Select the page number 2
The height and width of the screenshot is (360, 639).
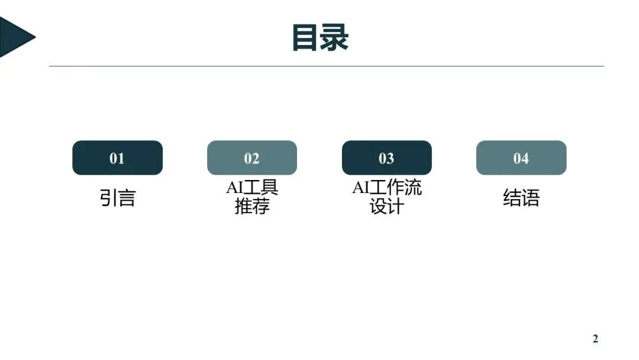(x=595, y=339)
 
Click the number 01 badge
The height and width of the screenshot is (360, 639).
(x=117, y=158)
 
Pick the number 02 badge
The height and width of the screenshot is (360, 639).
(x=252, y=158)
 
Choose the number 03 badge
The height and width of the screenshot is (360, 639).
(x=386, y=158)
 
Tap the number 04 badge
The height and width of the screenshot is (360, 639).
(x=521, y=158)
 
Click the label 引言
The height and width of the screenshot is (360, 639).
(x=117, y=198)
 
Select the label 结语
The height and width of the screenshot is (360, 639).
(x=521, y=198)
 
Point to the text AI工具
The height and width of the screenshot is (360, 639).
(x=252, y=188)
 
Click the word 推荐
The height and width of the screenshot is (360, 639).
(x=252, y=207)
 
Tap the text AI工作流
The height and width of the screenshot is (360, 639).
(x=387, y=188)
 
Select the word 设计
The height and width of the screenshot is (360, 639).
(x=387, y=207)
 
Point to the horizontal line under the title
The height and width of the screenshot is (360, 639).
(x=326, y=66)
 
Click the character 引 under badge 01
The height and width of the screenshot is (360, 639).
(x=108, y=198)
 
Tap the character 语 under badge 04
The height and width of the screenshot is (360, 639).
(x=531, y=198)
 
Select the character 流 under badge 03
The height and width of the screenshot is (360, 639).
(x=413, y=188)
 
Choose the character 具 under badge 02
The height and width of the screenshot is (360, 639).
(x=269, y=188)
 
